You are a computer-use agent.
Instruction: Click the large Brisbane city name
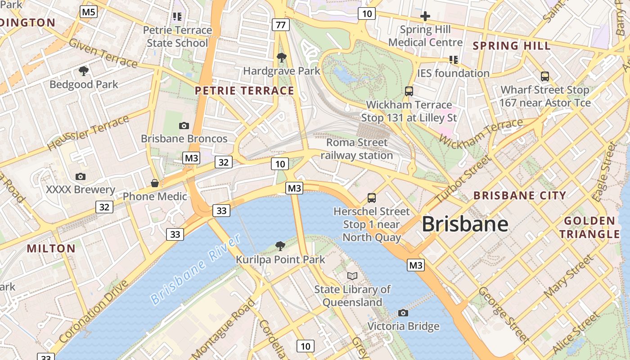point(465,224)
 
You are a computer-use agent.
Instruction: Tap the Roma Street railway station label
point(357,149)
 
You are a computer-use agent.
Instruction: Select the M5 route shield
point(89,12)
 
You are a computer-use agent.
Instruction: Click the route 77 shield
point(280,25)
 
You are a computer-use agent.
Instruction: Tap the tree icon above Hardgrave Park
point(282,57)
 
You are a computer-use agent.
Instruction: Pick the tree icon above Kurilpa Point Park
point(280,246)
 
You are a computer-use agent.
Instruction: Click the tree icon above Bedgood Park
point(83,71)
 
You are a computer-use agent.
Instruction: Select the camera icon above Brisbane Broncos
point(184,126)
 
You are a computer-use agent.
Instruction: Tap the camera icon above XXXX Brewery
point(81,176)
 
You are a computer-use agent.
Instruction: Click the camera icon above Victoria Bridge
point(403,313)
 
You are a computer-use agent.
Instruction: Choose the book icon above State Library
point(352,276)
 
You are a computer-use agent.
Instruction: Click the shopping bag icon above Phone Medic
point(155,183)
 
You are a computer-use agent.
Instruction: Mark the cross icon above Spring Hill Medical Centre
point(425,17)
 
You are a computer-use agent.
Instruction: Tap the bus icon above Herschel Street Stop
point(372,198)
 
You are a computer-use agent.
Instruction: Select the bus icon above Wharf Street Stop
point(545,76)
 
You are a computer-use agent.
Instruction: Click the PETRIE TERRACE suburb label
point(244,91)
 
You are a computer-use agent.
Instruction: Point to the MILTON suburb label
point(51,248)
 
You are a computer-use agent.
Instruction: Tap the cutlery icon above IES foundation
point(453,59)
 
